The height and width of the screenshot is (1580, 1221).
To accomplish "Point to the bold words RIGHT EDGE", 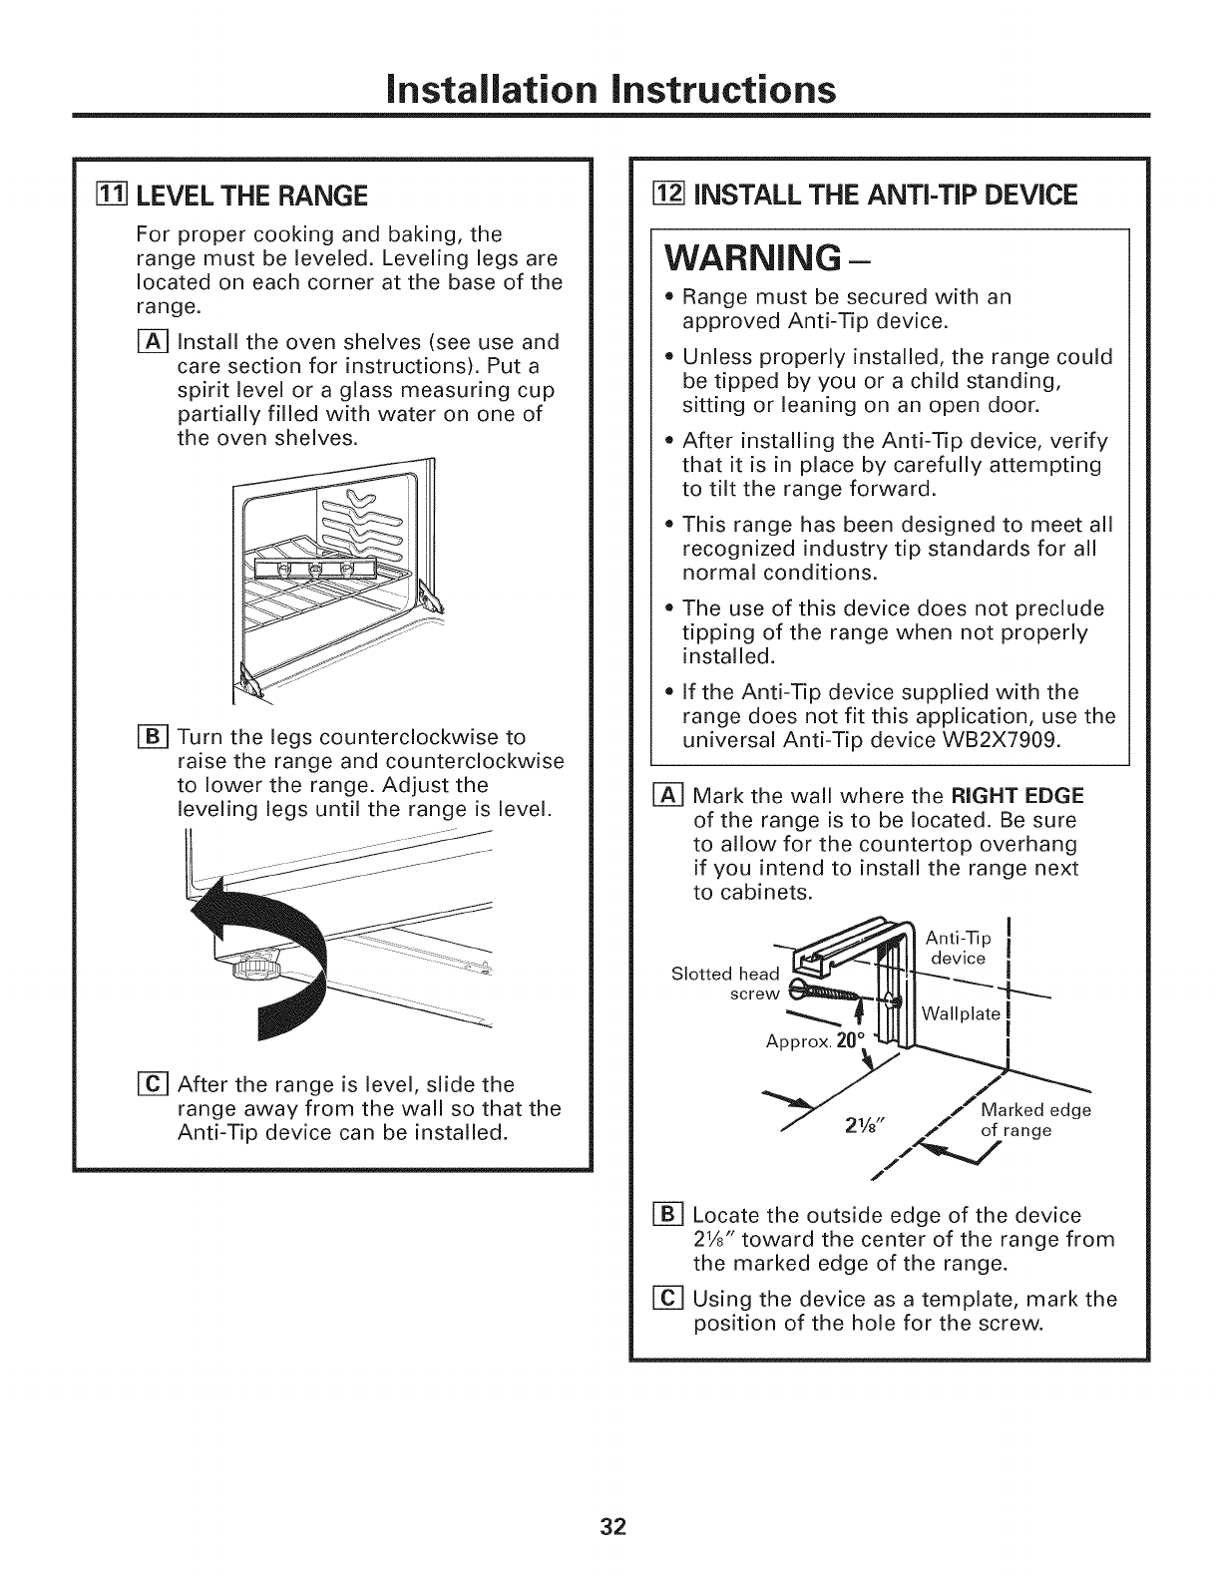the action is [1017, 796].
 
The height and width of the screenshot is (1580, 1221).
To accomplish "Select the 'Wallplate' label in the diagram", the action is [961, 1013].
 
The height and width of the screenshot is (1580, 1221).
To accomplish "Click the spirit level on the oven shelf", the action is [312, 570].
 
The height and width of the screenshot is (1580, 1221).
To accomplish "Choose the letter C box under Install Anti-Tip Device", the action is [668, 1300].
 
